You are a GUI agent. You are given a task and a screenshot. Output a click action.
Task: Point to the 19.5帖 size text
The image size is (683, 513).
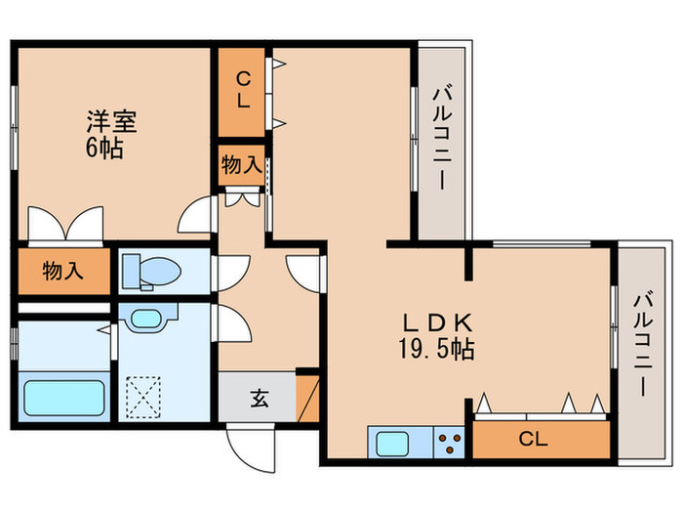click(438, 349)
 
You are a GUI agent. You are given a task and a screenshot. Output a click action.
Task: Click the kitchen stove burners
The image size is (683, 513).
click(450, 444)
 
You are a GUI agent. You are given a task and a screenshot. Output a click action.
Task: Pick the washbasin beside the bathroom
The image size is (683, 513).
click(148, 319)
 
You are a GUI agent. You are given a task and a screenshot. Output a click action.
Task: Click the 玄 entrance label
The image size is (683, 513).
click(259, 399)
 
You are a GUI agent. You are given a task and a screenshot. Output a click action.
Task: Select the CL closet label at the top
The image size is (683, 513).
click(242, 89)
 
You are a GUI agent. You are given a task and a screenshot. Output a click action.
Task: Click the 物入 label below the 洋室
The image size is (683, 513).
click(61, 272)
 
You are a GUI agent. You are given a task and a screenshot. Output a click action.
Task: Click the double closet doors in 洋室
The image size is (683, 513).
click(66, 225)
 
